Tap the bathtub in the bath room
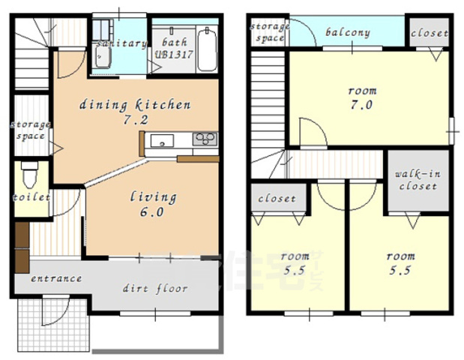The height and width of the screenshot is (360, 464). pyautogui.click(x=207, y=49)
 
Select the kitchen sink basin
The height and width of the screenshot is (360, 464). pyautogui.click(x=162, y=141)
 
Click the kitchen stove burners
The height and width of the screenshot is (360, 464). pyautogui.click(x=205, y=139)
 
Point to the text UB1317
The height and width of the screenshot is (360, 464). pyautogui.click(x=174, y=55)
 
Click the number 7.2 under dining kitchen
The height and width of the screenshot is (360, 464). pyautogui.click(x=136, y=120)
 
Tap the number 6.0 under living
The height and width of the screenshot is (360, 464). pyautogui.click(x=152, y=212)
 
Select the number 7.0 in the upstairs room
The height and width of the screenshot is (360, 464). pyautogui.click(x=361, y=105)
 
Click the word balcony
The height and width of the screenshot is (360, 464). pyautogui.click(x=348, y=32)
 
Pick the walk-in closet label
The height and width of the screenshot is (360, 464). pyautogui.click(x=418, y=180)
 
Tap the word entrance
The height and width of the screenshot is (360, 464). pyautogui.click(x=56, y=278)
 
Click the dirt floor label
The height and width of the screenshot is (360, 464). pyautogui.click(x=155, y=288)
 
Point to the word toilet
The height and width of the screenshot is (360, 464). pyautogui.click(x=31, y=197)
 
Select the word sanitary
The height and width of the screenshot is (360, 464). pyautogui.click(x=122, y=43)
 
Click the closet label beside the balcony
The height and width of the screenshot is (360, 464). pyautogui.click(x=430, y=33)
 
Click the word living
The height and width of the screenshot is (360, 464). pyautogui.click(x=153, y=196)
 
